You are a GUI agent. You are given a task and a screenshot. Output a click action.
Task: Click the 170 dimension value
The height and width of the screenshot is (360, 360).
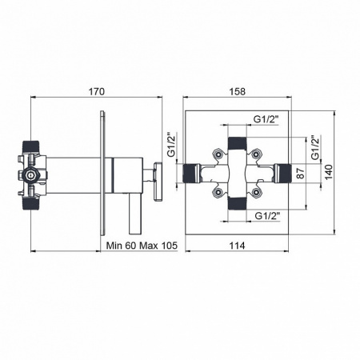[x=96, y=92]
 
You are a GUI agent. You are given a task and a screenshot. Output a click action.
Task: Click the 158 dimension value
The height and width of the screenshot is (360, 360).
[x=237, y=92]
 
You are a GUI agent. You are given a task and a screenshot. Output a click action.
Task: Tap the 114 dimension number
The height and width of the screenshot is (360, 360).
[x=237, y=246]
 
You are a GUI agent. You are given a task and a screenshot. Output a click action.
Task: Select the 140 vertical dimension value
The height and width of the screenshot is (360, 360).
[x=329, y=172]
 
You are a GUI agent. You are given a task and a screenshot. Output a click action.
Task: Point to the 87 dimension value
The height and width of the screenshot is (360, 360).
[x=301, y=174]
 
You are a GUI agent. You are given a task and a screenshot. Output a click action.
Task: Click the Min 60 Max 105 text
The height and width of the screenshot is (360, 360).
[x=142, y=246]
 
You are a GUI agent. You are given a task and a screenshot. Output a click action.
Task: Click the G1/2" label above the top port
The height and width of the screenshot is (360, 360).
[x=266, y=119]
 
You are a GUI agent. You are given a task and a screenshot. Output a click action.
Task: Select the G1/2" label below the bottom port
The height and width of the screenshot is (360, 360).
[x=267, y=215]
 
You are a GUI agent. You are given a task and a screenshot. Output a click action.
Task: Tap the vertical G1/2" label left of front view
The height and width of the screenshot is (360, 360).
[x=171, y=145]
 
